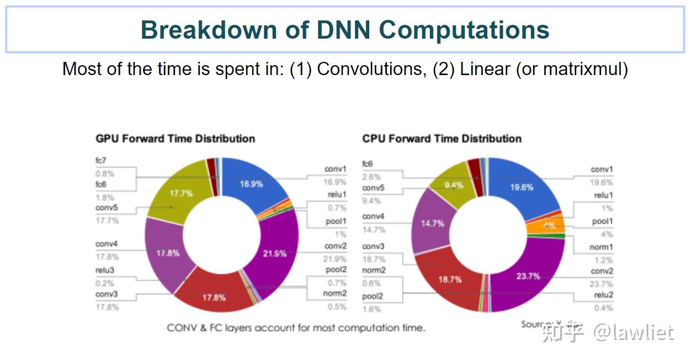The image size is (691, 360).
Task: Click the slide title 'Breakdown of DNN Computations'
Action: [345, 30]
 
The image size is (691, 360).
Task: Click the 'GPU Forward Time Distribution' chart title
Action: [176, 139]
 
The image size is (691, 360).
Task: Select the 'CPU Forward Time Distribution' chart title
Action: [442, 139]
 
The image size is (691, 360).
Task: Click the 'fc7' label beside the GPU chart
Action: [100, 161]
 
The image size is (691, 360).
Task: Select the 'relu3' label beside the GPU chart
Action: [105, 271]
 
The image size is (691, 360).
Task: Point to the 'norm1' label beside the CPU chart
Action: [601, 247]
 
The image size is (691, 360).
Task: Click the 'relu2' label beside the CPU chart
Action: [603, 295]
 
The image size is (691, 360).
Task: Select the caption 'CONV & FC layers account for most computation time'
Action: [296, 328]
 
